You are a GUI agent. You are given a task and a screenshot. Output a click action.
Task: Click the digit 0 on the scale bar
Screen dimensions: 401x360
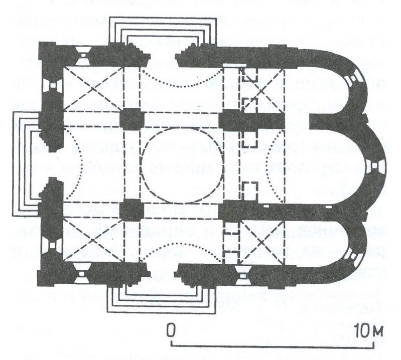(171, 330)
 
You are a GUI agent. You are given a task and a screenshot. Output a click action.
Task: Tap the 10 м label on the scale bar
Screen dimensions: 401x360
(369, 330)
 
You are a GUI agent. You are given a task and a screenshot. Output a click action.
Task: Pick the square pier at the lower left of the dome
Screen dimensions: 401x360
(130, 210)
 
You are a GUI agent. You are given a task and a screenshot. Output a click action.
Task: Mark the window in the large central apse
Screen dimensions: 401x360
(374, 165)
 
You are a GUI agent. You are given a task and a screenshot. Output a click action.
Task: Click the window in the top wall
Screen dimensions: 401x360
(83, 55)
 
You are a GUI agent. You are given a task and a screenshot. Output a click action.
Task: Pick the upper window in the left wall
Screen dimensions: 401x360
(53, 86)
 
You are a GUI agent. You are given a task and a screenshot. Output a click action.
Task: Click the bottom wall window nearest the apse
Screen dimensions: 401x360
(241, 275)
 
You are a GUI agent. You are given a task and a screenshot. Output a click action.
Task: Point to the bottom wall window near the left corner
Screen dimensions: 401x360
(81, 273)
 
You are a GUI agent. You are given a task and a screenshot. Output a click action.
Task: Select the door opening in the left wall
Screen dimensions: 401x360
(51, 164)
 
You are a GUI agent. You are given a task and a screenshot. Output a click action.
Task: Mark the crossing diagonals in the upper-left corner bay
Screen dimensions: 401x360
(93, 89)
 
